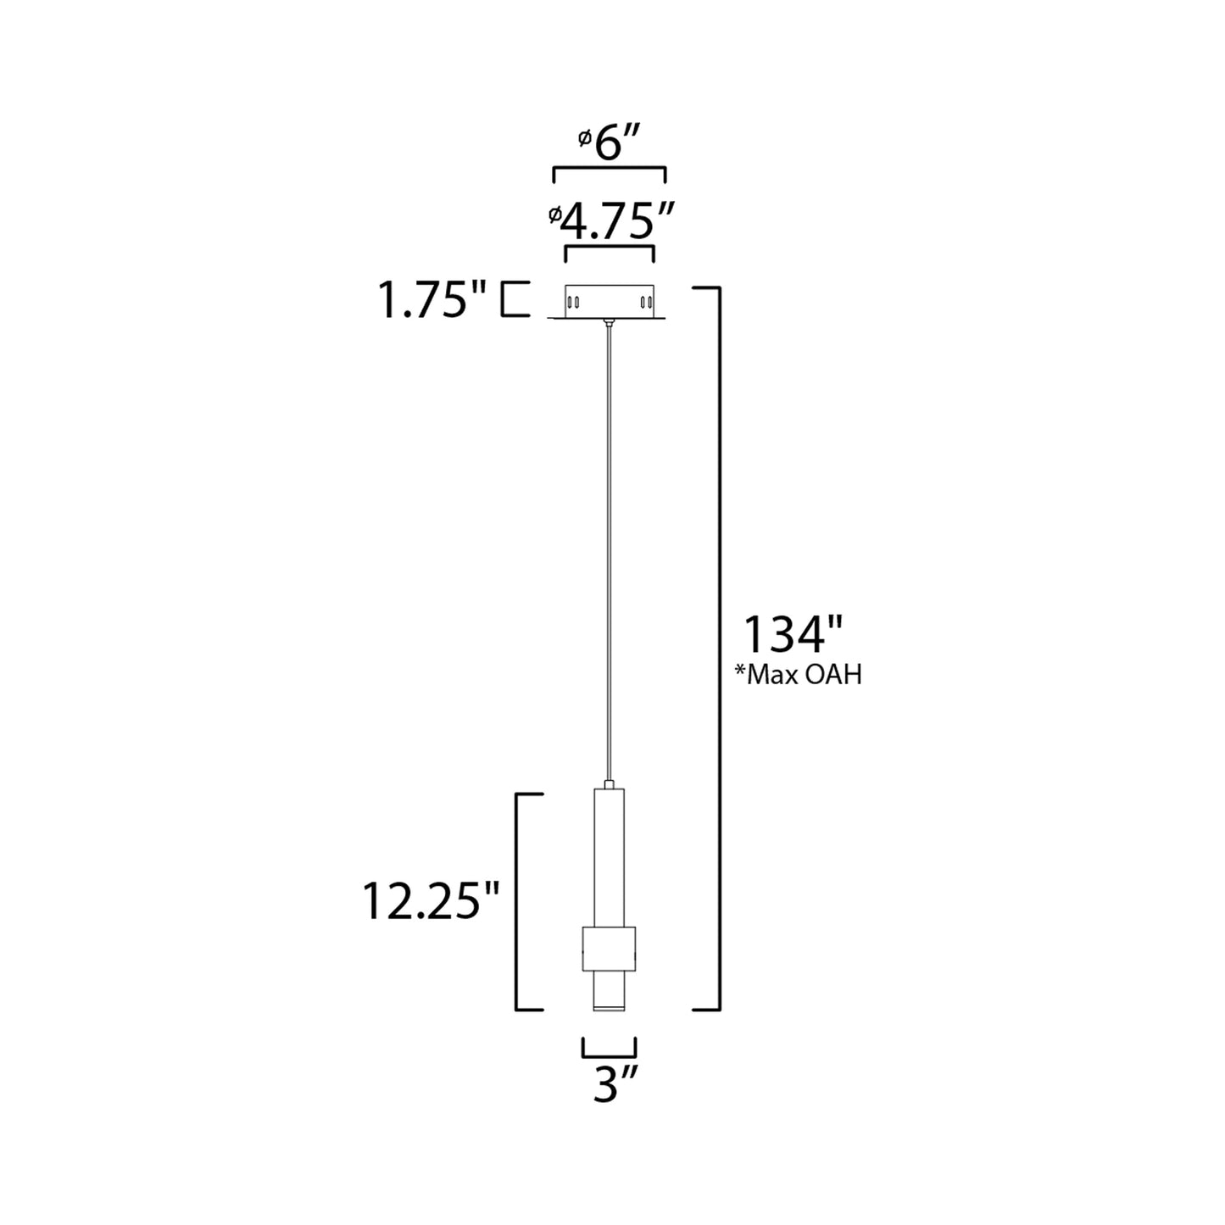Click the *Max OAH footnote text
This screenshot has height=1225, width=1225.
click(x=798, y=676)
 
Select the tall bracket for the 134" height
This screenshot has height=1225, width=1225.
click(x=719, y=649)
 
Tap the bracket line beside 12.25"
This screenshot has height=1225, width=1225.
click(x=518, y=901)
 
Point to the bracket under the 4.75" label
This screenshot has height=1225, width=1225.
click(x=609, y=247)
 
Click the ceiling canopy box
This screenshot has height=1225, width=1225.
click(x=609, y=301)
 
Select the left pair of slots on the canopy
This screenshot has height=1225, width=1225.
click(x=572, y=302)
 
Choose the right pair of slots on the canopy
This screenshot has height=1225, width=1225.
click(x=645, y=302)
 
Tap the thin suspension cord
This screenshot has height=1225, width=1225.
click(x=608, y=551)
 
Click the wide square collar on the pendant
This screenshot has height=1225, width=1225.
click(x=608, y=948)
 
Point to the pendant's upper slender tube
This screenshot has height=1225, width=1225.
click(x=608, y=856)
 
